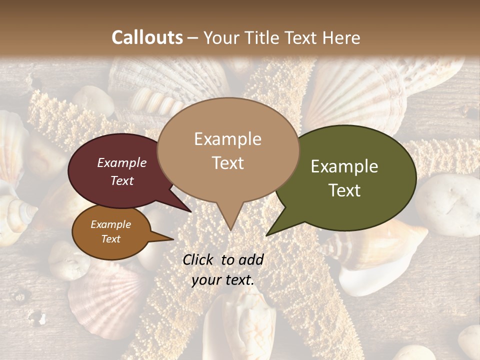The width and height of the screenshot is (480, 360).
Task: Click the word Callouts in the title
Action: click(x=147, y=37)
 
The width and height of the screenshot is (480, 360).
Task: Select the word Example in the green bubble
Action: click(x=344, y=166)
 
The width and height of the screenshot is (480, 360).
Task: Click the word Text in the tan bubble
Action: click(x=227, y=163)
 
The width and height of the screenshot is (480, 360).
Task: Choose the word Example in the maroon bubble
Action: click(x=121, y=162)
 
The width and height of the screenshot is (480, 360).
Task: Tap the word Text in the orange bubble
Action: click(x=110, y=239)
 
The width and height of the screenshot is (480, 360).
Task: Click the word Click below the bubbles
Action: click(x=198, y=259)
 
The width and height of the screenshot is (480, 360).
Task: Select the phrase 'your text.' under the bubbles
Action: click(x=223, y=280)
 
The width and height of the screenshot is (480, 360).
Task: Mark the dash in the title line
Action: click(x=193, y=38)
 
